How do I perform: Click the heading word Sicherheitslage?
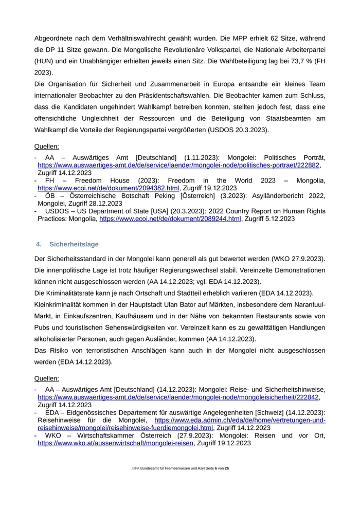coord(74,244)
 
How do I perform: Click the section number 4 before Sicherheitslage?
coord(38,244)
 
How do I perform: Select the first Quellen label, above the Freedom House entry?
coord(47,147)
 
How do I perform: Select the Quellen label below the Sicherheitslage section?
coord(47,379)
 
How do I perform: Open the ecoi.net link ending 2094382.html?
coord(109,189)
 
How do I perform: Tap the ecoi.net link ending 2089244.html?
coord(170,219)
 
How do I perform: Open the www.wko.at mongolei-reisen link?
coord(116,443)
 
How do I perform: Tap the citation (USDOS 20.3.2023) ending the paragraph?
coord(238,130)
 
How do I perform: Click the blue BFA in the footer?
coord(136,469)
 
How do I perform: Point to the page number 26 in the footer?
coord(227,469)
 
